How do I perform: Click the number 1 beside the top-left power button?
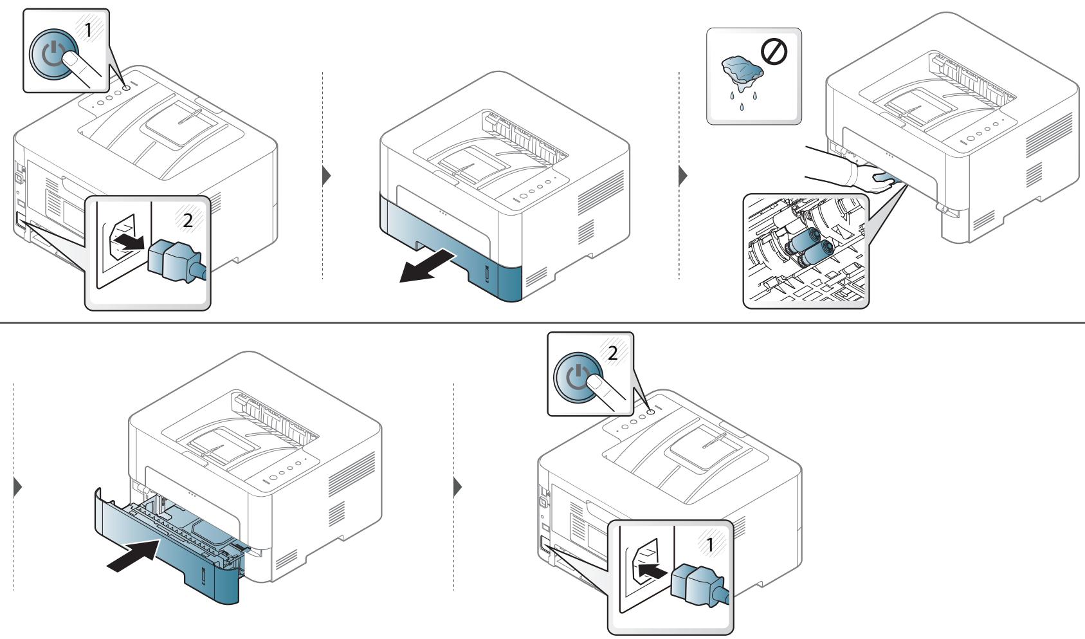coord(87,30)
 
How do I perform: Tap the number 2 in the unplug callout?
coord(187,221)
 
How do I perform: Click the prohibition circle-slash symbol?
coord(774,52)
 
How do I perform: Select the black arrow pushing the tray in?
coord(133,556)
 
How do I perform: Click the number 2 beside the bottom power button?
coord(612,353)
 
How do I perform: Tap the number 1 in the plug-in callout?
coord(709,545)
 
